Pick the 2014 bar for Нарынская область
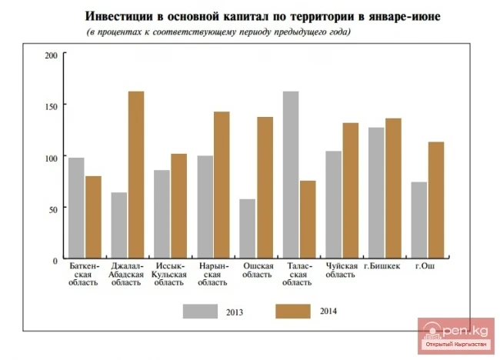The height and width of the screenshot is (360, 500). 222,185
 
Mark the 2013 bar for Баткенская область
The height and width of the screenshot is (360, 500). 76,208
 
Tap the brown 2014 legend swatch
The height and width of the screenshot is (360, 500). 292,311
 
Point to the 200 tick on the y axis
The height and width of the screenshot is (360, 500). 52,55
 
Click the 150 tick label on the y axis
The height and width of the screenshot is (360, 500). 52,105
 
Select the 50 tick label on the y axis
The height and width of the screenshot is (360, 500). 53,208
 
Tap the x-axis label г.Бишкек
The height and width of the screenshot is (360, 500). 385,266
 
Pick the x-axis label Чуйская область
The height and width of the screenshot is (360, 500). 342,270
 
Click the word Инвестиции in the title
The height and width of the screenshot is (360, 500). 117,17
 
